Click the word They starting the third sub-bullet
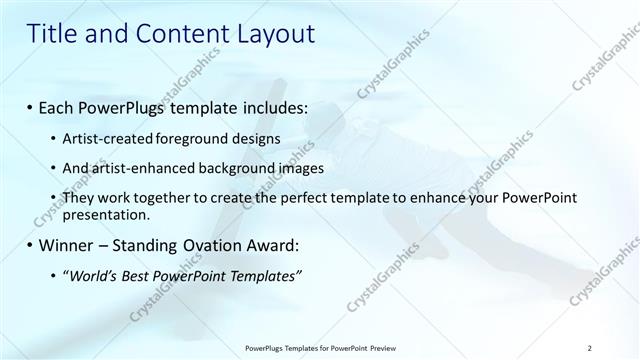[x=79, y=199]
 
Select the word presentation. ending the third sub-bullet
[x=106, y=214]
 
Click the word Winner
[x=70, y=245]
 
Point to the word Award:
[x=271, y=245]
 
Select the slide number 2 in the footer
[x=591, y=347]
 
